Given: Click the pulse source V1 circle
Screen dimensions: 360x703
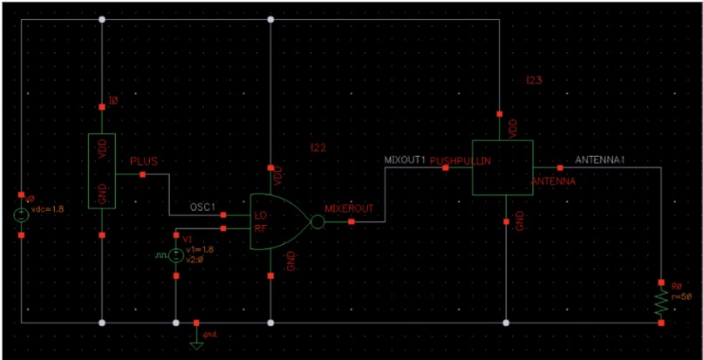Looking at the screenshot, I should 176,255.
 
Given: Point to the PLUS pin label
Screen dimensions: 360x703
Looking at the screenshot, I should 143,162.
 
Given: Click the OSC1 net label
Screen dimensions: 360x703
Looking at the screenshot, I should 203,207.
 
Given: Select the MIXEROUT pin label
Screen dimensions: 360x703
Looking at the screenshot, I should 349,209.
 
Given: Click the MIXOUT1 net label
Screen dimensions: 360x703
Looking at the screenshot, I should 405,160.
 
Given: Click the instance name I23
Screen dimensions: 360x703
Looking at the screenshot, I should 534,80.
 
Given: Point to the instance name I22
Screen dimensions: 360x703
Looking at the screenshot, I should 317,148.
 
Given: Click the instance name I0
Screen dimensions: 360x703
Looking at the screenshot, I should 113,101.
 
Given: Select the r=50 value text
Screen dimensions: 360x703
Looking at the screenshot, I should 681,297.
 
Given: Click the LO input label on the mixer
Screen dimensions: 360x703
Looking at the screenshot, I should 259,214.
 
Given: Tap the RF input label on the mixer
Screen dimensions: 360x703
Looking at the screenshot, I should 259,228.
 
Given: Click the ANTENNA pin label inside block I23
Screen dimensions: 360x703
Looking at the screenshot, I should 553,181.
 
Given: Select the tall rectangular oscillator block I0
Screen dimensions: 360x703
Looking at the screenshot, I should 103,172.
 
